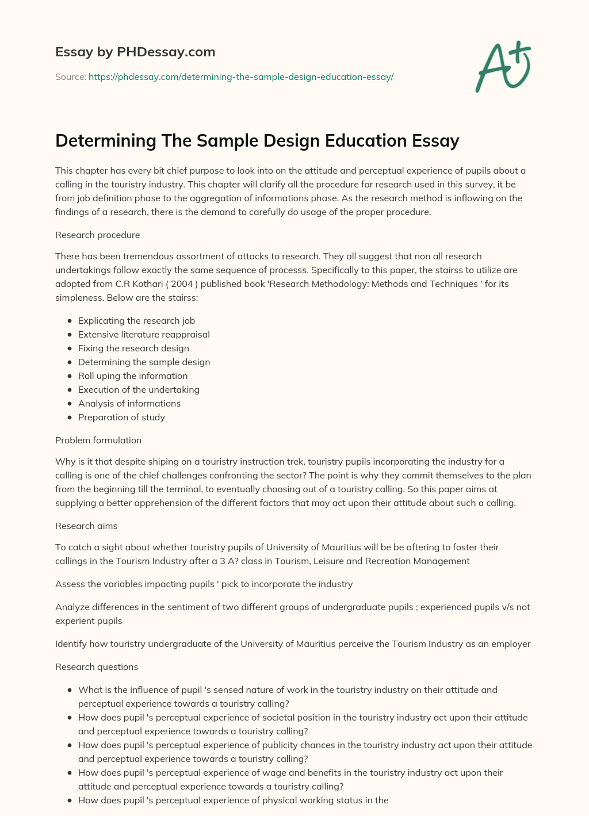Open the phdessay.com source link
240,76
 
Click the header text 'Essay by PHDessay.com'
135,52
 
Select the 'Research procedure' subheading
97,235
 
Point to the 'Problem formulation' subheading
98,440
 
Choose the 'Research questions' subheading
97,666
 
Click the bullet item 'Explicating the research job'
136,320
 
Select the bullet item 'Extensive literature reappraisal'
144,334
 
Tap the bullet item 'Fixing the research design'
133,348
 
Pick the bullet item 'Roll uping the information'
133,376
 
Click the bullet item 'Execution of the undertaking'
139,389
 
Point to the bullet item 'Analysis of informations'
129,403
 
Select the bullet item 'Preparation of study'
121,417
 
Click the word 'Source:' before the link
71,76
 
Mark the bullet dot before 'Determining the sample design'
70,362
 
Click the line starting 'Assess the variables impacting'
204,584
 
